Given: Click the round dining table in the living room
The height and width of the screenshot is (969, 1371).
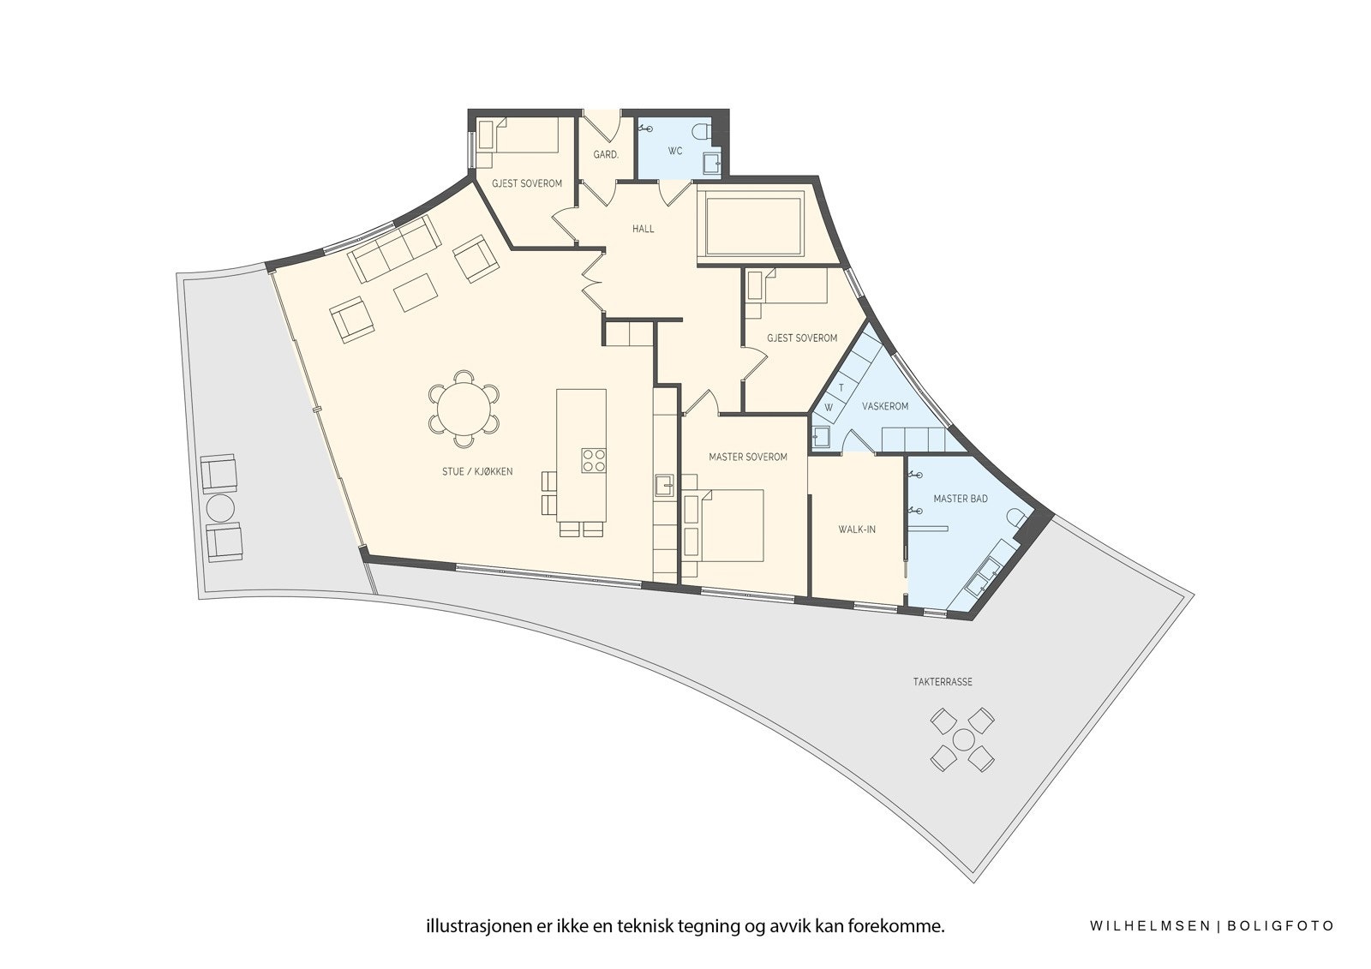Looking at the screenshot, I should coord(464,408).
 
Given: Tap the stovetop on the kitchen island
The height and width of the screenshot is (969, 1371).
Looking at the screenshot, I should coord(594,460).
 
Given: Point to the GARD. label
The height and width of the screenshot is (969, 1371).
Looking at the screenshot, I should coord(606,155).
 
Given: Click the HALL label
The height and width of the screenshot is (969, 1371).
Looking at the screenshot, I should coord(643,229).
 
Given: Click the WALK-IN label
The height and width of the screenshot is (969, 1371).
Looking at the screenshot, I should coord(856,529).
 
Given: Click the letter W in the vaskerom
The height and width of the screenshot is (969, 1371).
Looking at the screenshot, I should coord(829,407).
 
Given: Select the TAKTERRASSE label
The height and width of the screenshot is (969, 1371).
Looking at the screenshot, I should coord(943,683).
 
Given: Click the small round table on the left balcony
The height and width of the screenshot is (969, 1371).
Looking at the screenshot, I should coord(220,507).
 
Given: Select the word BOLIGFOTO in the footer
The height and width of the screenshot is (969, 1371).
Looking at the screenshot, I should coord(1280,926).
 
